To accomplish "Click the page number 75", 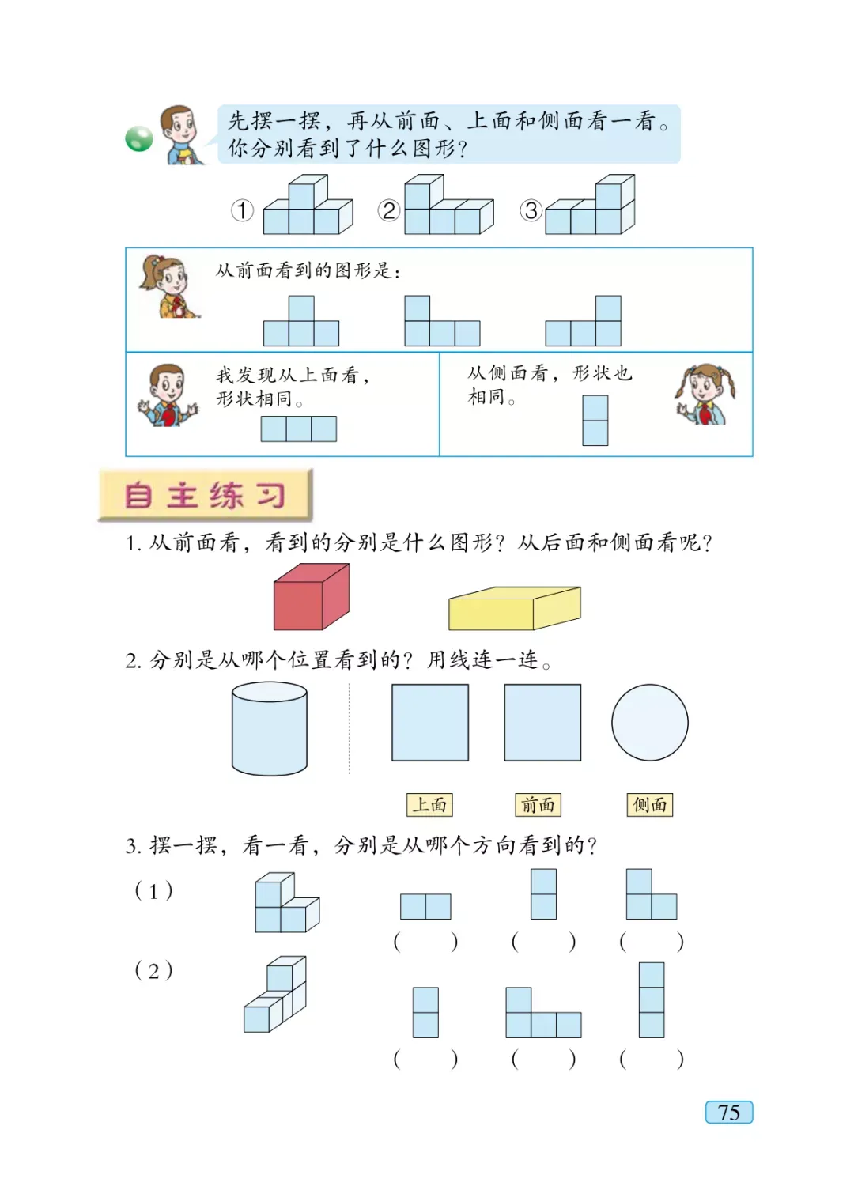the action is point(728,1112).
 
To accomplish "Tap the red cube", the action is point(311,597).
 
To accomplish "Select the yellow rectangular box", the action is point(514,609).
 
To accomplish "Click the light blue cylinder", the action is point(270,729).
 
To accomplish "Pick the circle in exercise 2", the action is point(649,722).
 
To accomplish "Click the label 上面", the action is point(429,805).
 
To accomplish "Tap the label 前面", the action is point(538,805).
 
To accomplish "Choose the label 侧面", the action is point(649,805).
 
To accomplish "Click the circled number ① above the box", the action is point(242,210).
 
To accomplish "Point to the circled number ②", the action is point(388,210).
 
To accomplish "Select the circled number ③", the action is point(531,210).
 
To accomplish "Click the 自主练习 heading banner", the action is point(206,495).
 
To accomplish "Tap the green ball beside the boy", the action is point(139,139).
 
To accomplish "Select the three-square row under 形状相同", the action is point(298,429).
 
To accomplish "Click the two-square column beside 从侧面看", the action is point(595,420).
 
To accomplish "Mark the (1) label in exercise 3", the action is point(153,891).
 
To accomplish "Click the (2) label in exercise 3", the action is point(153,970).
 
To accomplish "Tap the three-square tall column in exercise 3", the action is point(652,999).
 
